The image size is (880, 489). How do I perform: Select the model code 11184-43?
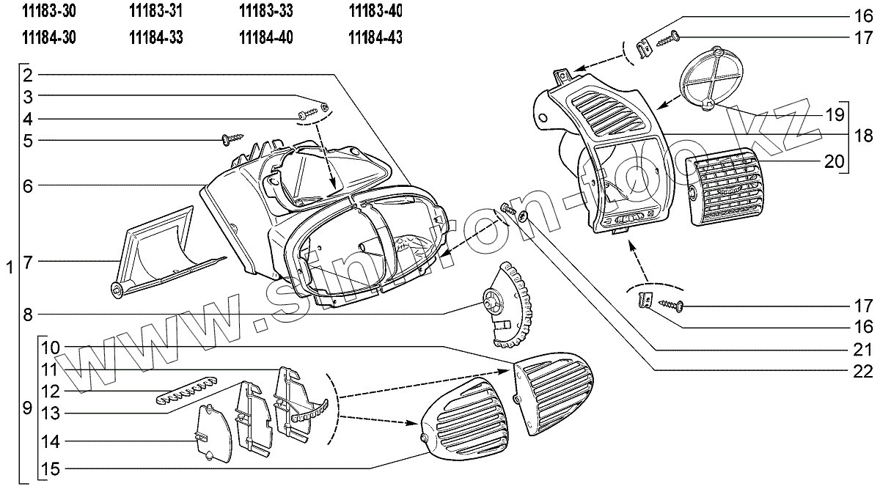(x=375, y=37)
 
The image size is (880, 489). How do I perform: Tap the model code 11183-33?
(x=265, y=12)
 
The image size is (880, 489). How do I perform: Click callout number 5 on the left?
(x=27, y=140)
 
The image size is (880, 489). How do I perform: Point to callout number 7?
(x=27, y=261)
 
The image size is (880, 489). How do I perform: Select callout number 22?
(x=863, y=371)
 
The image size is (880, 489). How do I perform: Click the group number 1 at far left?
(x=8, y=268)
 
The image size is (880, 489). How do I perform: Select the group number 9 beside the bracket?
(x=26, y=408)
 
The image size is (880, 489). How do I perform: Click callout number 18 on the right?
(x=863, y=136)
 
